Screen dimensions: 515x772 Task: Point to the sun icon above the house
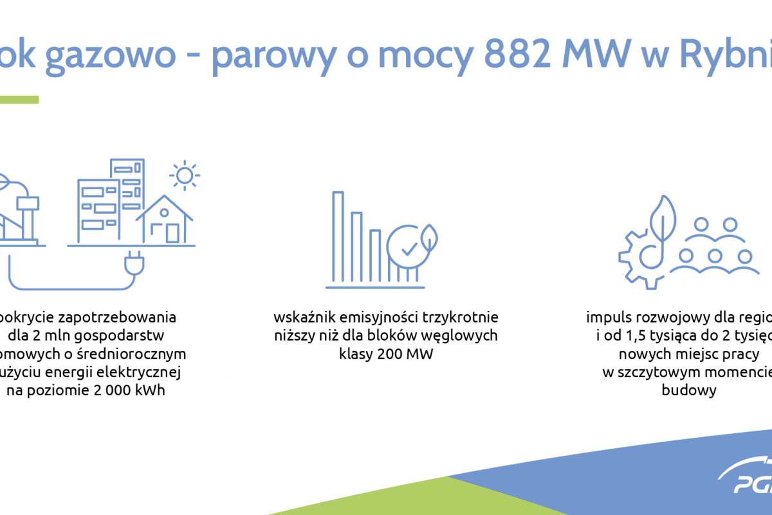click(184, 175)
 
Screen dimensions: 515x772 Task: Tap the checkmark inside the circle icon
click(408, 247)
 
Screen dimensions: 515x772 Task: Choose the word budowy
click(688, 390)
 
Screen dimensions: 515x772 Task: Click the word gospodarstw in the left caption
click(125, 335)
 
